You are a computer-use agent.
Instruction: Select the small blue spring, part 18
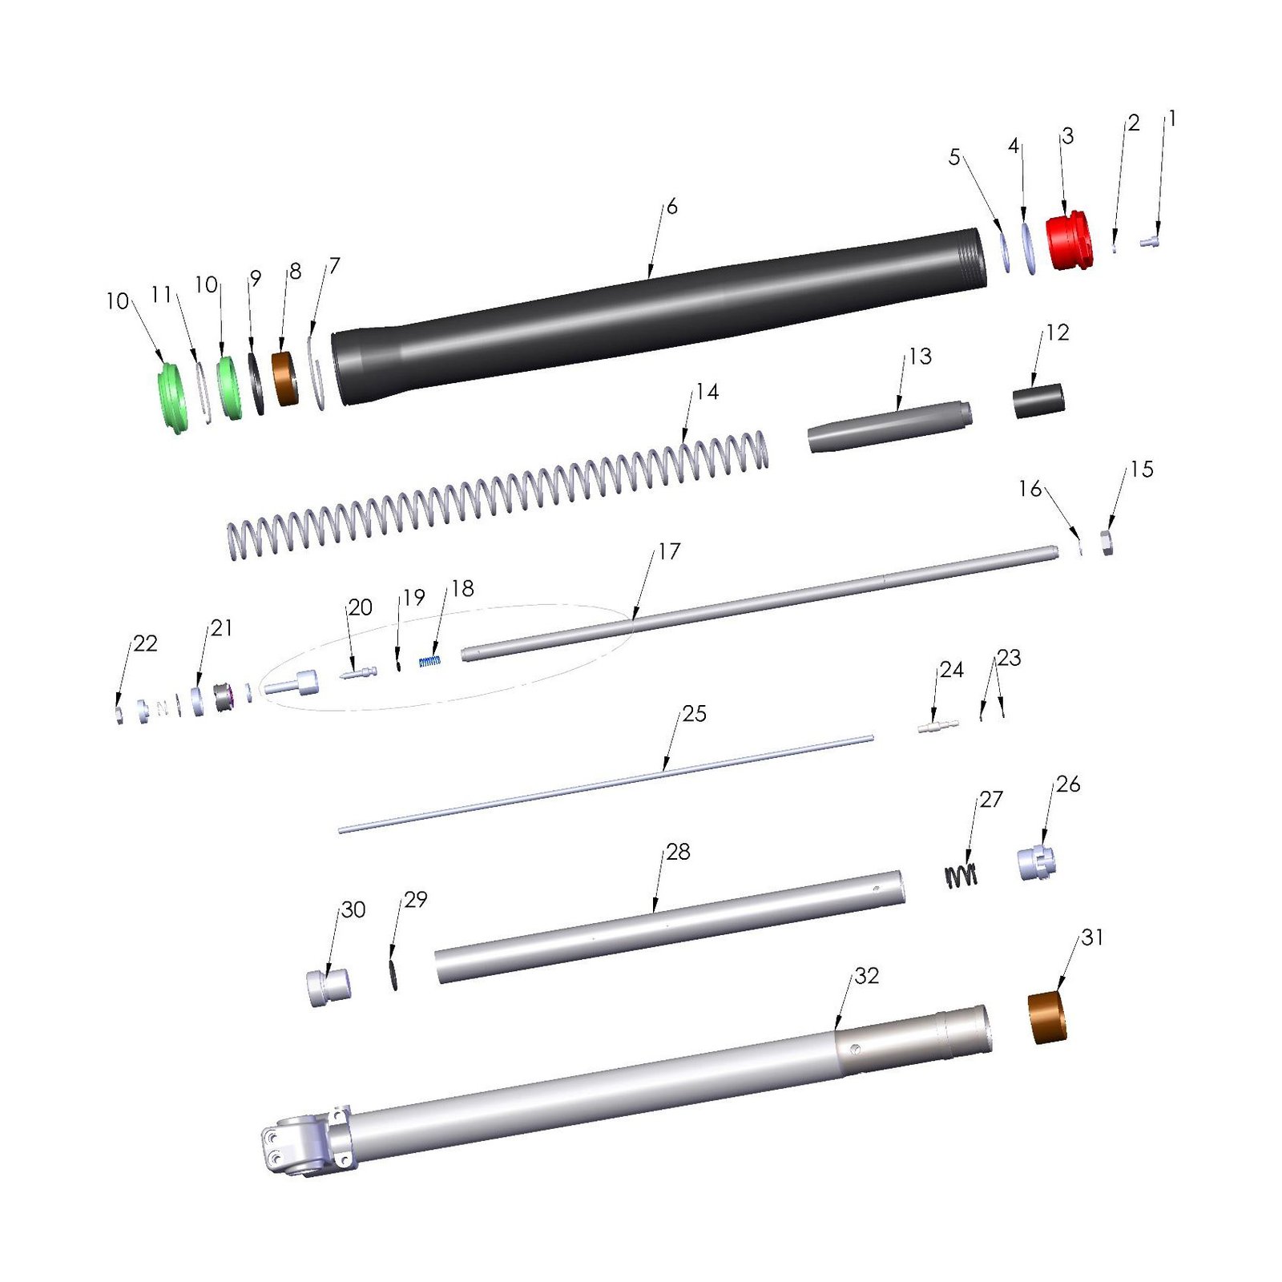click(429, 661)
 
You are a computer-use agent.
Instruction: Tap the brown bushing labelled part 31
click(1048, 1018)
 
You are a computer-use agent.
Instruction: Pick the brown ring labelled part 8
click(285, 378)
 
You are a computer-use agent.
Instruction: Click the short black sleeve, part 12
click(1038, 401)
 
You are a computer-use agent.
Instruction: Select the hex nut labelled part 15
click(1107, 542)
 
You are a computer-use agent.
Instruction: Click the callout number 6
click(671, 207)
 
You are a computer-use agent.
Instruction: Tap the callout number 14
click(707, 392)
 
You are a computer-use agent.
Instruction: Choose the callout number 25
click(694, 714)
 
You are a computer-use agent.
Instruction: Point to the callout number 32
click(867, 975)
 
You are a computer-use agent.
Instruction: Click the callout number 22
click(145, 643)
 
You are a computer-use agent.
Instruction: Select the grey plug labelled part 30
click(329, 987)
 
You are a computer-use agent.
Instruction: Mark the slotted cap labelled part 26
click(1037, 862)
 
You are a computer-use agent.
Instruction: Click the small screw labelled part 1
click(1150, 240)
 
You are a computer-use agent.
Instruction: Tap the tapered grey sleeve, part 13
click(889, 426)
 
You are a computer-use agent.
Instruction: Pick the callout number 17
click(669, 551)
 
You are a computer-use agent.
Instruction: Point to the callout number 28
click(678, 852)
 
